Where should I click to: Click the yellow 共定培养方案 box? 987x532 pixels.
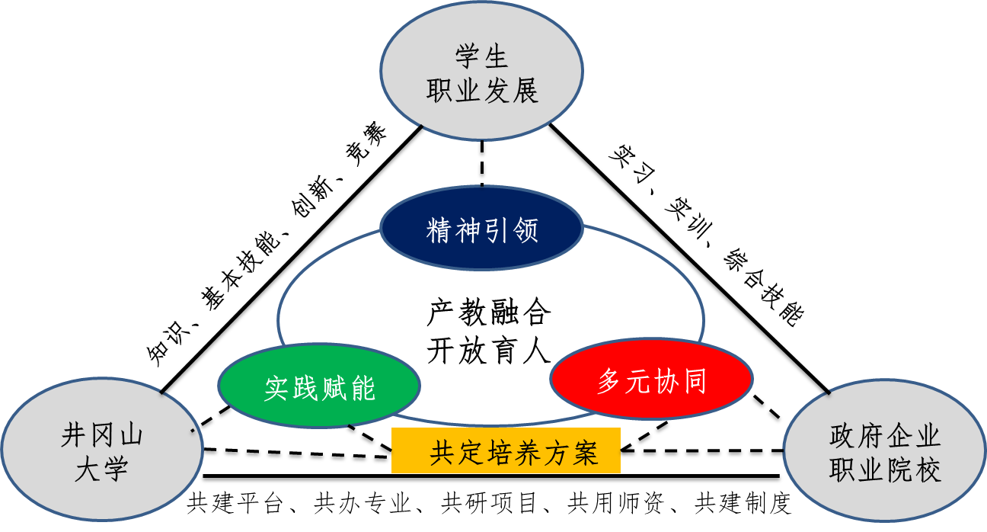[506, 452]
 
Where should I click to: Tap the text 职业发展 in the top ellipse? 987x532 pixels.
[481, 91]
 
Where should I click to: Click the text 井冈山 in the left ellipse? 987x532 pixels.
[102, 436]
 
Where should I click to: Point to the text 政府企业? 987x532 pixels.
[885, 437]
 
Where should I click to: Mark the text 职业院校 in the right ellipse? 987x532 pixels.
[885, 470]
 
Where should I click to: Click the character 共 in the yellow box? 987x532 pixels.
[443, 453]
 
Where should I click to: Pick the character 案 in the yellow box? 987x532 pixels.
[585, 453]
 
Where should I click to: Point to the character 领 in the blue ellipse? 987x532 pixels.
[525, 230]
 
